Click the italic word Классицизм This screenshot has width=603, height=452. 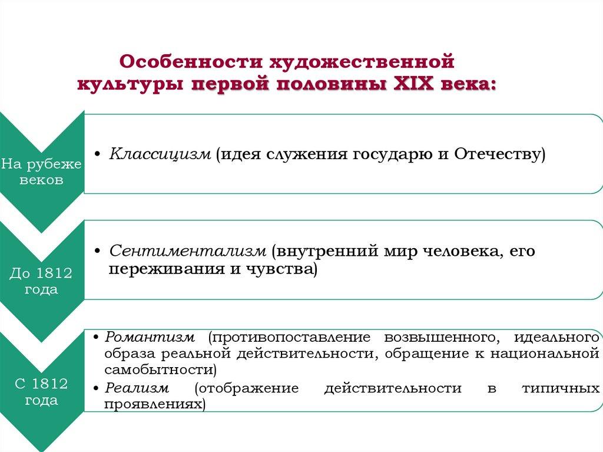click(x=160, y=154)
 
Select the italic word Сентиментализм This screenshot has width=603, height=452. click(x=188, y=251)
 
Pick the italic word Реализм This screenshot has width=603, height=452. click(x=137, y=388)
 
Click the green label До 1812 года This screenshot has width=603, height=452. click(x=41, y=281)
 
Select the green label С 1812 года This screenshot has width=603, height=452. click(x=41, y=392)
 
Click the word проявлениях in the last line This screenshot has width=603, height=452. click(x=154, y=405)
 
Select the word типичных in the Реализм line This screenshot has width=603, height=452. click(x=561, y=388)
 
